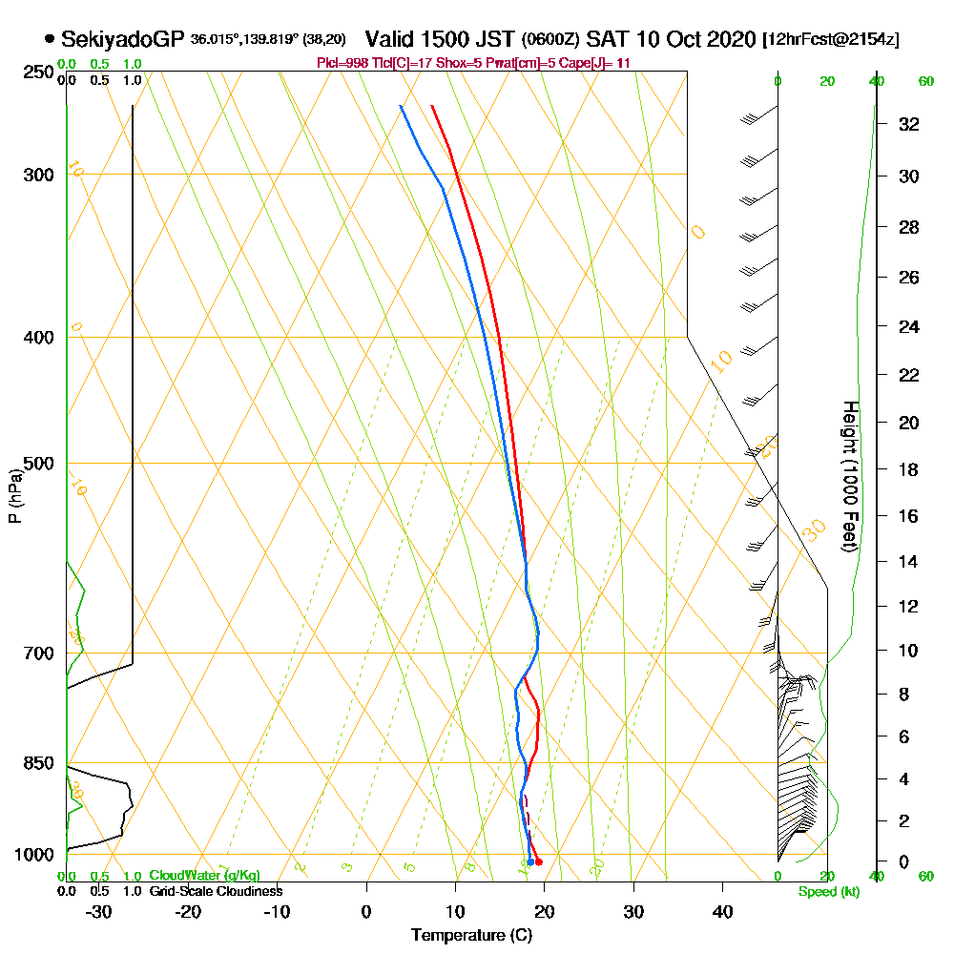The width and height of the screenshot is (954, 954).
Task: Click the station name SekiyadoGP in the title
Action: point(122,39)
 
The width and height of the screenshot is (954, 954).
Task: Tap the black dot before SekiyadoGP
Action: point(49,40)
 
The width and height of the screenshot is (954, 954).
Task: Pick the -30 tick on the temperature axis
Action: point(99,911)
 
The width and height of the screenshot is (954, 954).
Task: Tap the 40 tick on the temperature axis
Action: point(723,911)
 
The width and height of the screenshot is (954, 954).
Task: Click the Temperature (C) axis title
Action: point(471,936)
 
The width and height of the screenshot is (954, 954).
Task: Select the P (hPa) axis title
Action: point(14,495)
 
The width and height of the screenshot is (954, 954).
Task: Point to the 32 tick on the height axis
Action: point(909,124)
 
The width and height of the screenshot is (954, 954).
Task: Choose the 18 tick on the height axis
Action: point(909,469)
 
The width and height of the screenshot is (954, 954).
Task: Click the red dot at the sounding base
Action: point(539,861)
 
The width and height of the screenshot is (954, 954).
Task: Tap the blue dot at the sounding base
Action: point(530,861)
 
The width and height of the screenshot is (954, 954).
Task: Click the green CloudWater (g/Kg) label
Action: point(204,875)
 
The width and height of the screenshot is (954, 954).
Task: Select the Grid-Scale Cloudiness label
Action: point(216,891)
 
